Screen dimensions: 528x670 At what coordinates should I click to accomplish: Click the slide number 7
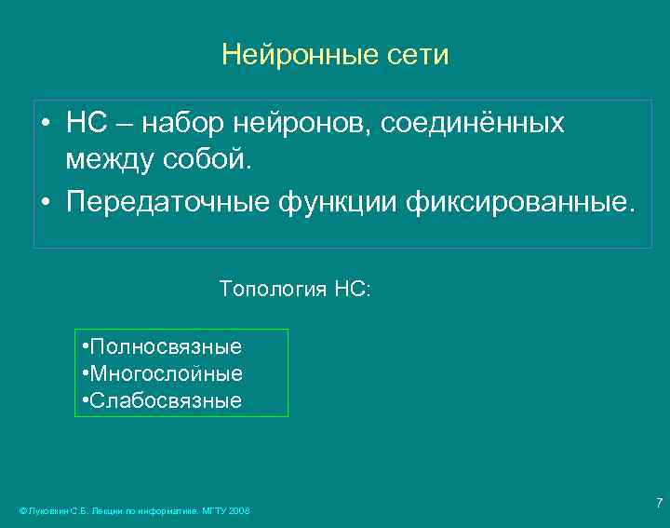click(659, 504)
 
